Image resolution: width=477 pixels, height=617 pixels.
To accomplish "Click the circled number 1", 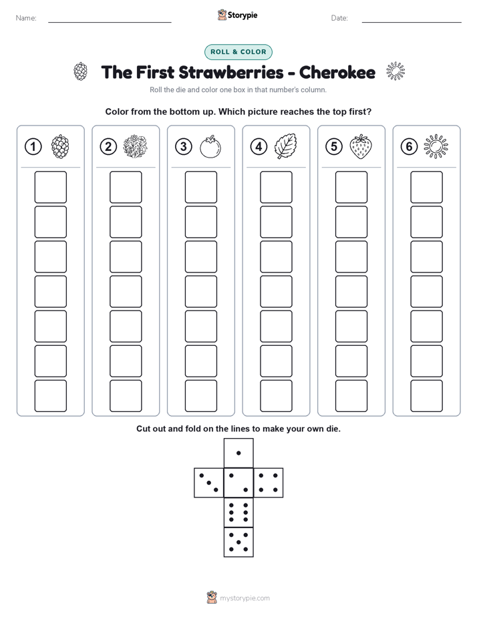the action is click(x=33, y=147).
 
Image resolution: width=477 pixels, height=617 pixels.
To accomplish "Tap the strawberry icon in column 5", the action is click(x=361, y=146).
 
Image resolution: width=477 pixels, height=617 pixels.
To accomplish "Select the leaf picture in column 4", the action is click(x=285, y=146).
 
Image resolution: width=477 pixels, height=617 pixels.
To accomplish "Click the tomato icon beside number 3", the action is click(x=210, y=147).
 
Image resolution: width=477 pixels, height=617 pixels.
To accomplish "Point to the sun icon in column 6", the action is click(x=436, y=147).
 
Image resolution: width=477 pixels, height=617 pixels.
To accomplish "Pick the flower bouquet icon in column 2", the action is click(x=135, y=147).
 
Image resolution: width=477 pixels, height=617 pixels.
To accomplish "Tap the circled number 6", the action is click(x=410, y=147).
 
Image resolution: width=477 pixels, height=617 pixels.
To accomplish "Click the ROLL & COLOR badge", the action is click(x=238, y=52).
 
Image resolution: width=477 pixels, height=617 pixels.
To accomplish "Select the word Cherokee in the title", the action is click(x=337, y=72).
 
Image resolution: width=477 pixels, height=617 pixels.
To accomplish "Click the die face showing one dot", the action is click(x=238, y=453).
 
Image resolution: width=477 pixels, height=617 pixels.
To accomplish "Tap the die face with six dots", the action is click(x=238, y=512).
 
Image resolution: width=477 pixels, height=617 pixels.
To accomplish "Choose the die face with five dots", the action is click(x=238, y=542).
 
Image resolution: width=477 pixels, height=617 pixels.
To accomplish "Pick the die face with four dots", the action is click(x=269, y=483).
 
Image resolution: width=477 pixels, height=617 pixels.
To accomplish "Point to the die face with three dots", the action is click(x=209, y=483).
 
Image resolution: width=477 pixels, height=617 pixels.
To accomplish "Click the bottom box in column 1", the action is click(x=50, y=396).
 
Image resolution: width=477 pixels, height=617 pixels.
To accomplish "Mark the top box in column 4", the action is click(x=276, y=187).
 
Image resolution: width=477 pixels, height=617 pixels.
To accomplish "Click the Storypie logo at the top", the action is click(x=237, y=15).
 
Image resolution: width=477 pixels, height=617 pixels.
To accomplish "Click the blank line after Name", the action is click(x=110, y=22).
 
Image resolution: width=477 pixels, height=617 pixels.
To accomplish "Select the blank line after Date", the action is click(x=412, y=22).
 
